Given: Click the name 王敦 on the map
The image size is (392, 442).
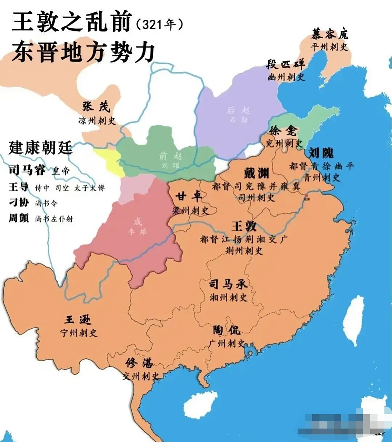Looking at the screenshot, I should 244,226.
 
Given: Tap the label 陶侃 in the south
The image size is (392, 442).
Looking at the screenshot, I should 227,330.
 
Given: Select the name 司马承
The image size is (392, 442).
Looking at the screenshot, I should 228,284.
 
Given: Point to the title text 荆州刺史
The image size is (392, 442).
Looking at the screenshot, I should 244,251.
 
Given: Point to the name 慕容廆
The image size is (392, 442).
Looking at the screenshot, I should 329,33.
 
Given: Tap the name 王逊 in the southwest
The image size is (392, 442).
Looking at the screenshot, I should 78,320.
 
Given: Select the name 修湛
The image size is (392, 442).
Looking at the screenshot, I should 139,363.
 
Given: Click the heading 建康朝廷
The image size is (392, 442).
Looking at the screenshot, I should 40,147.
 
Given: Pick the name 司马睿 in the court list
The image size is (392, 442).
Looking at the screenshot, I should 27,170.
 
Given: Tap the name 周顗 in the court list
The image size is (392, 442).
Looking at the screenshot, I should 19,218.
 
